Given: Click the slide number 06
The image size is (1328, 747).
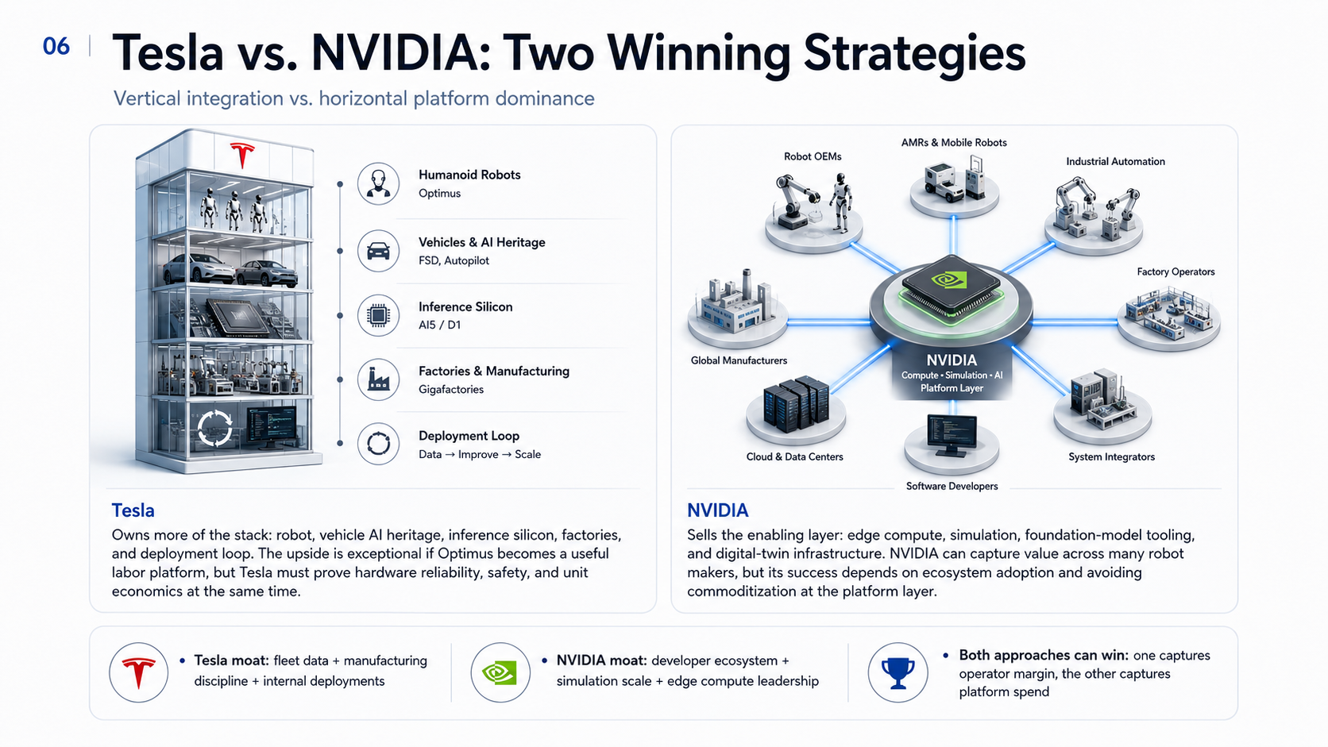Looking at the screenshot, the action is pyautogui.click(x=56, y=46).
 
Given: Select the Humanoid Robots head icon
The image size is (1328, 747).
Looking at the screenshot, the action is pyautogui.click(x=378, y=183).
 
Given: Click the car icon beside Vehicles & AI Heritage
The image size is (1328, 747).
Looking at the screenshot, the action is pyautogui.click(x=378, y=251).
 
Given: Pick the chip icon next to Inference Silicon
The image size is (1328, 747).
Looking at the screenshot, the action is pyautogui.click(x=378, y=315).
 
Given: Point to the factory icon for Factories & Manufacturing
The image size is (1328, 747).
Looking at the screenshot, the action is pyautogui.click(x=378, y=379).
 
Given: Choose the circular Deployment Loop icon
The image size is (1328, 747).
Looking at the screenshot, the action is pyautogui.click(x=378, y=444).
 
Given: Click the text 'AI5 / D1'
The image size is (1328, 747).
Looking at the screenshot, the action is pyautogui.click(x=439, y=325).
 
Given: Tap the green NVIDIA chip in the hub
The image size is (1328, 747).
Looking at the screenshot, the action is pyautogui.click(x=951, y=288).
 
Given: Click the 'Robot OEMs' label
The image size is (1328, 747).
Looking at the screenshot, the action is pyautogui.click(x=813, y=156).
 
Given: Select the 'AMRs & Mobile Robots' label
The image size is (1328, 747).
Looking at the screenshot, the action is pyautogui.click(x=954, y=143).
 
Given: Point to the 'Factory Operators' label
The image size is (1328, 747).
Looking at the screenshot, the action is pyautogui.click(x=1176, y=272).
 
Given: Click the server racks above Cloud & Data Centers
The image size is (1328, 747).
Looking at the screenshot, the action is pyautogui.click(x=796, y=402).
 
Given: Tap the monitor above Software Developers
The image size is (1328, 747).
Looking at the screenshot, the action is pyautogui.click(x=952, y=435).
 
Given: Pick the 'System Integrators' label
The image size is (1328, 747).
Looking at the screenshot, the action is pyautogui.click(x=1112, y=456).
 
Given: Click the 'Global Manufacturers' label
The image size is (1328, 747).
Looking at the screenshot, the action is pyautogui.click(x=739, y=360).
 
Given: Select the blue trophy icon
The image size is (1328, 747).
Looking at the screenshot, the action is pyautogui.click(x=898, y=673).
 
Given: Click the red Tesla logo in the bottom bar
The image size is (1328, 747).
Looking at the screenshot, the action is pyautogui.click(x=139, y=673).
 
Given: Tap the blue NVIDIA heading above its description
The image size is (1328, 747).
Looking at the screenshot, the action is pyautogui.click(x=717, y=510).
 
